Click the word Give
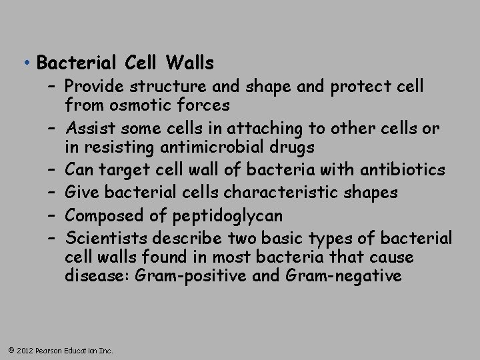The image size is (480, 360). [x=82, y=193]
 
